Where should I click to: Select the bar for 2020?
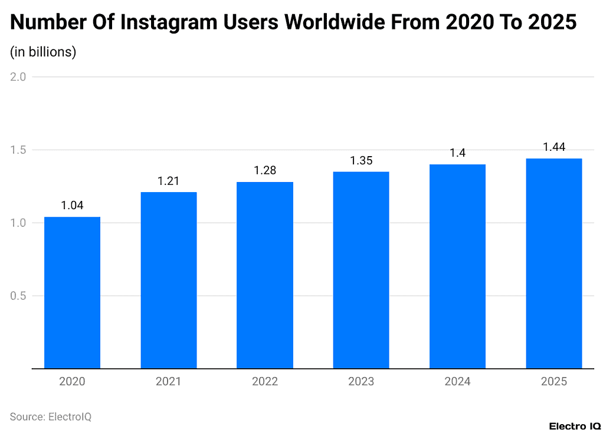coord(72,292)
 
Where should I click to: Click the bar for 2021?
coord(168,280)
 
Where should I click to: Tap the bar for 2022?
coord(264,275)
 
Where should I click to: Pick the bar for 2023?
coord(361,270)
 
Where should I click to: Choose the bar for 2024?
coord(457,266)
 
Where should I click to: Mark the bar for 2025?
coord(553,263)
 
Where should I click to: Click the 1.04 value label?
coord(72,206)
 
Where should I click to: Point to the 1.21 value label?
coord(168,181)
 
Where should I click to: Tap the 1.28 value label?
coord(264,170)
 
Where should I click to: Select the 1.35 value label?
coord(361,160)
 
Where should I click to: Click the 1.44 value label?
coord(553,147)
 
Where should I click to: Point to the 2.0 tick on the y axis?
coord(19,77)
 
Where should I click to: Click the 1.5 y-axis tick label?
coord(19,150)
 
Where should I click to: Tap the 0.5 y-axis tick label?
coord(19,296)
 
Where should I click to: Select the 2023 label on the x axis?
coord(361,382)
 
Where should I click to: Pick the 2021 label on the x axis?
coord(168,382)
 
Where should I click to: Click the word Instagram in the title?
coord(170,22)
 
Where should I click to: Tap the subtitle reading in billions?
coord(43,52)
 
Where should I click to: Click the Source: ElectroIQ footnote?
coord(51,417)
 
